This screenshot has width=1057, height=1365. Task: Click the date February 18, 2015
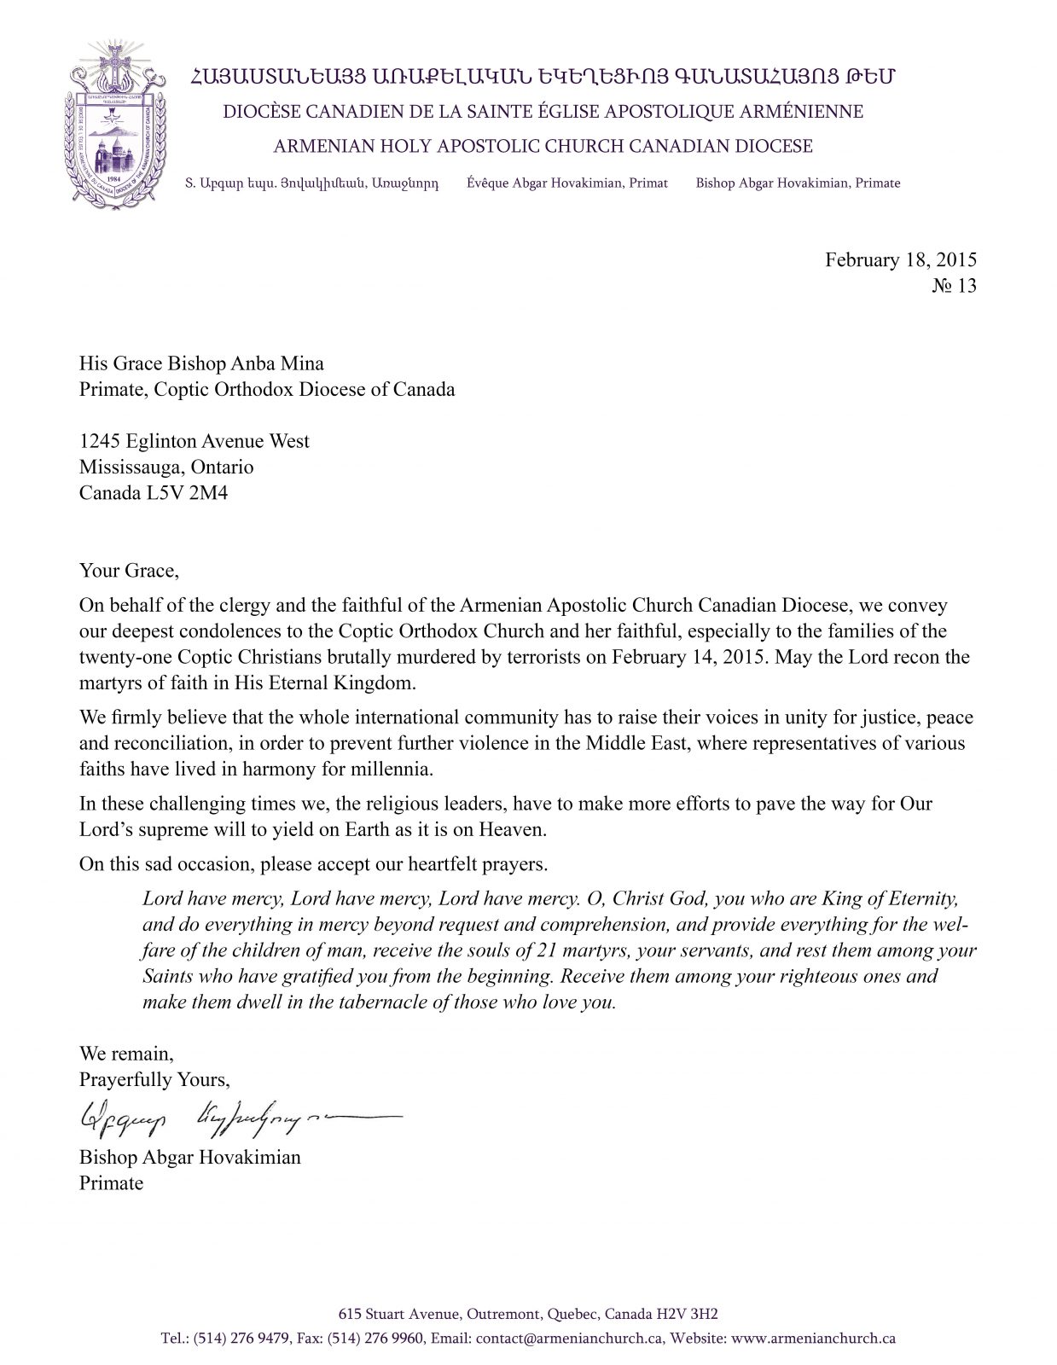900,260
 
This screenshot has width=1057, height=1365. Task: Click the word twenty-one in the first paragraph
119,659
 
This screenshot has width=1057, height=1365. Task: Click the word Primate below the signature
111,1183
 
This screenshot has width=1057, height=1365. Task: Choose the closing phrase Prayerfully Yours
154,1079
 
